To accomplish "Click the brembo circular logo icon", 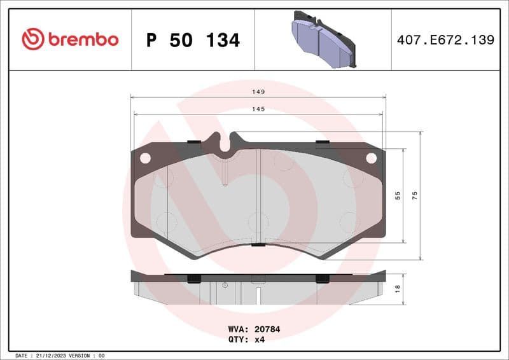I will tap(33, 39).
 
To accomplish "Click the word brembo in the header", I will tap(82, 39).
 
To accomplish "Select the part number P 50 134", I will tap(193, 40).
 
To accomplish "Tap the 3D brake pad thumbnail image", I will tap(323, 39).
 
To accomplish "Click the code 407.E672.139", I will tap(445, 40).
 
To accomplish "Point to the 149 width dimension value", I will tap(258, 92).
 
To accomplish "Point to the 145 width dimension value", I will tap(258, 109).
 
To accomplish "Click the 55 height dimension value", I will tap(398, 196).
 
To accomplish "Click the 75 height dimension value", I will tap(415, 196).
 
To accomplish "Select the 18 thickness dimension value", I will tap(398, 287).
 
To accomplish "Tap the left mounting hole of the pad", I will tap(145, 158).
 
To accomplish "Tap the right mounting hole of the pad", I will tap(371, 158).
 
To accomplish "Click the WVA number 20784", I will tap(268, 330).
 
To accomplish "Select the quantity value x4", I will tap(259, 340).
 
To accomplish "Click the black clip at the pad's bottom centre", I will tap(258, 245).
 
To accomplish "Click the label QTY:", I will tap(239, 340).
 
